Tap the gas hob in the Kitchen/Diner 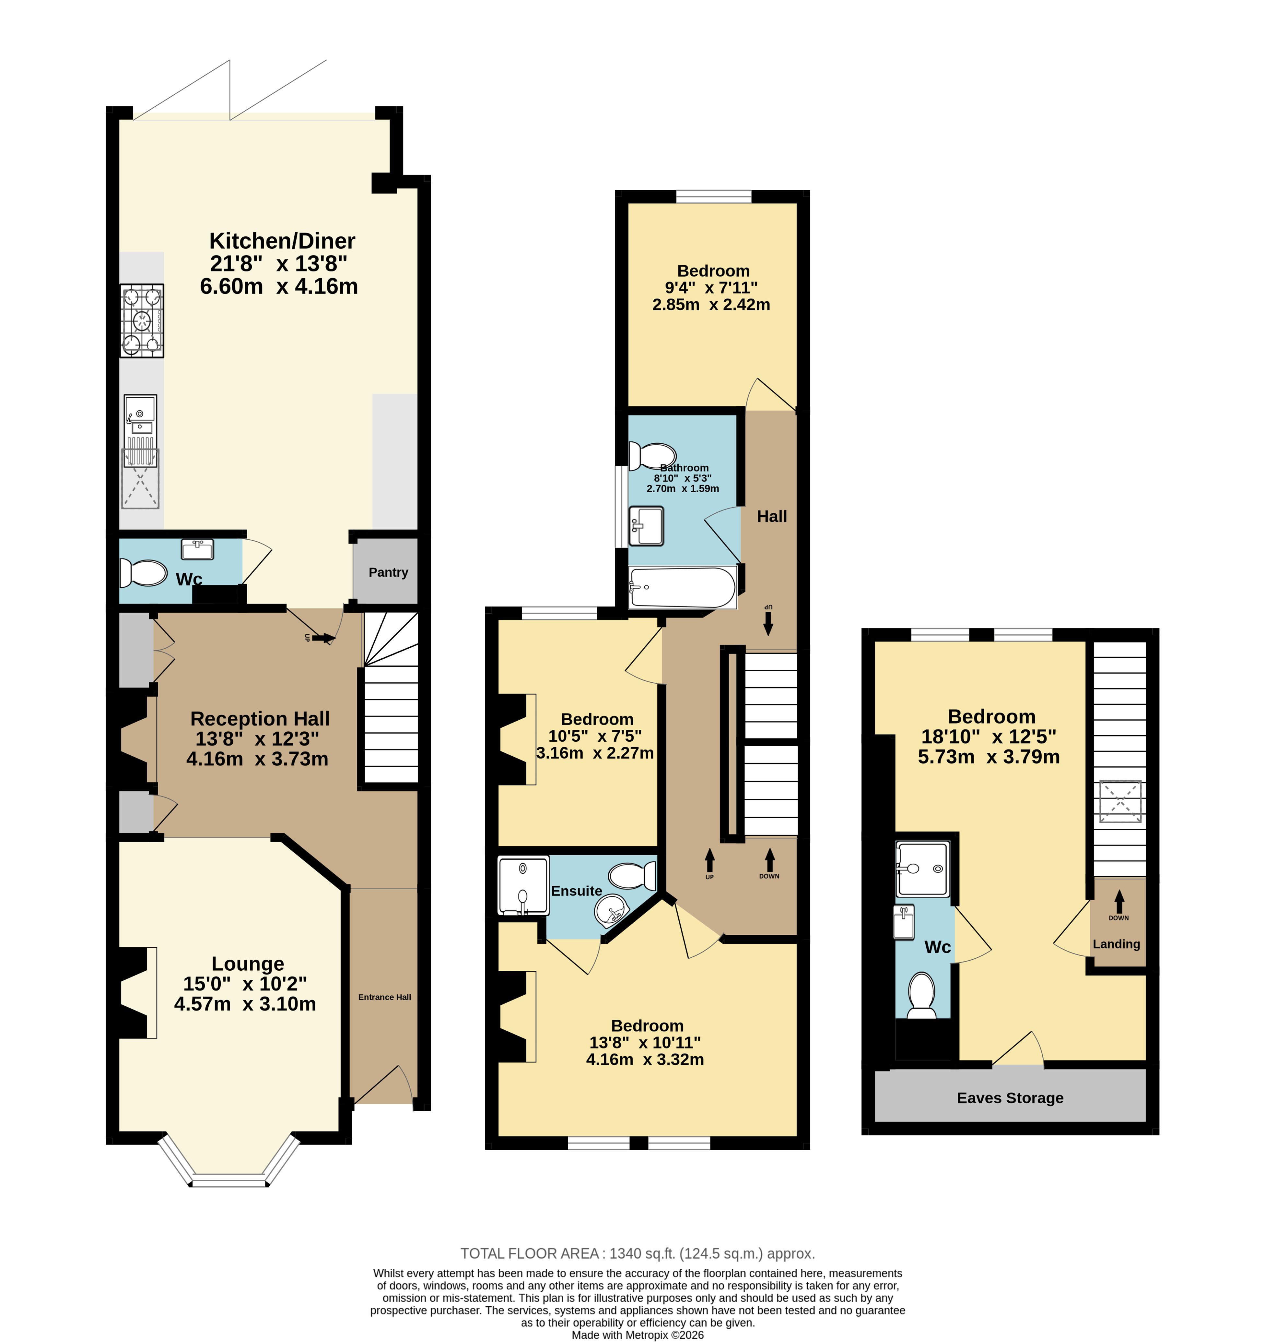pyautogui.click(x=142, y=321)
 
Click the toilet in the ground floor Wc pyautogui.click(x=143, y=573)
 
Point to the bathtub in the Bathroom pyautogui.click(x=682, y=587)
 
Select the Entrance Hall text pyautogui.click(x=385, y=997)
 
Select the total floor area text pyautogui.click(x=638, y=1253)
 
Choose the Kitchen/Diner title pyautogui.click(x=282, y=241)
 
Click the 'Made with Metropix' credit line pyautogui.click(x=638, y=1335)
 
